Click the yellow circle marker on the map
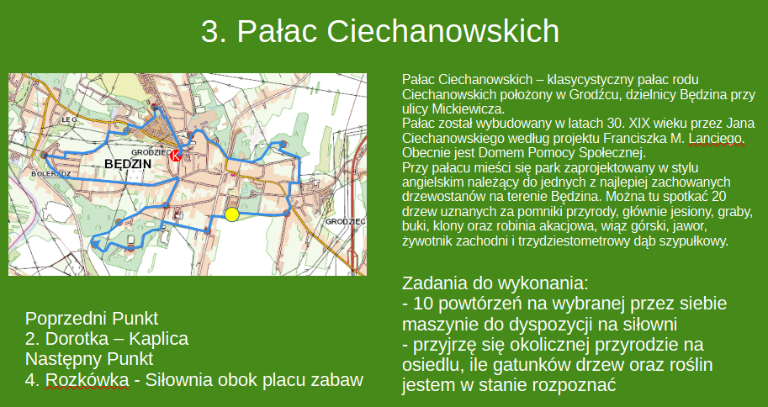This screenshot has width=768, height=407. click(x=231, y=214)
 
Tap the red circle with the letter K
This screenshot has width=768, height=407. click(x=175, y=156)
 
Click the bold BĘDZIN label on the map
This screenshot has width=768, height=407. click(x=128, y=164)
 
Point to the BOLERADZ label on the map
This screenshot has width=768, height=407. click(x=51, y=173)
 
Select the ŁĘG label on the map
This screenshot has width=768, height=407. click(x=71, y=119)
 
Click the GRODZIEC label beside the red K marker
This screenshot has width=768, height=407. click(x=151, y=152)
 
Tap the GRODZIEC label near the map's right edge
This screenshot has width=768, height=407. click(x=346, y=222)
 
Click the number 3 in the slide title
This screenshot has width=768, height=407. click(x=210, y=32)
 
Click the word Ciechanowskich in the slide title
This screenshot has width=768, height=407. click(x=442, y=32)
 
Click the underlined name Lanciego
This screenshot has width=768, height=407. click(x=717, y=139)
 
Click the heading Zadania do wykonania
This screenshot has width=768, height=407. click(x=495, y=283)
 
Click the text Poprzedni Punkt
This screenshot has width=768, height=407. click(x=92, y=319)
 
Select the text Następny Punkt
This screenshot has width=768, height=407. click(x=89, y=359)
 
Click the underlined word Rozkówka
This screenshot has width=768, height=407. click(x=87, y=379)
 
